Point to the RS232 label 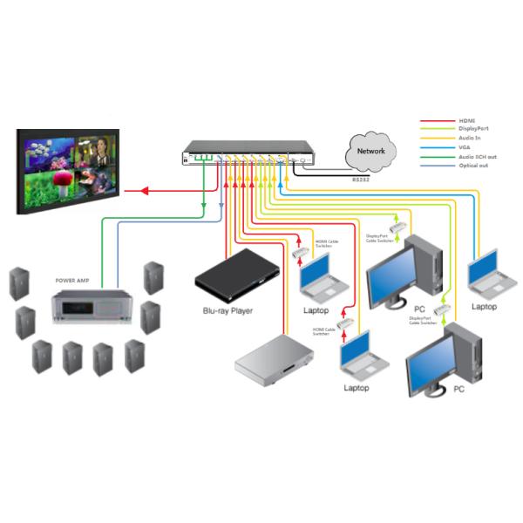point(361,179)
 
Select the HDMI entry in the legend point(466,121)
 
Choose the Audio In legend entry point(469,138)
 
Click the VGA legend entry point(464,147)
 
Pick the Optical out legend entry point(471,164)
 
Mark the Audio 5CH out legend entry point(473,156)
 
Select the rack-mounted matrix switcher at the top point(247,153)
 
